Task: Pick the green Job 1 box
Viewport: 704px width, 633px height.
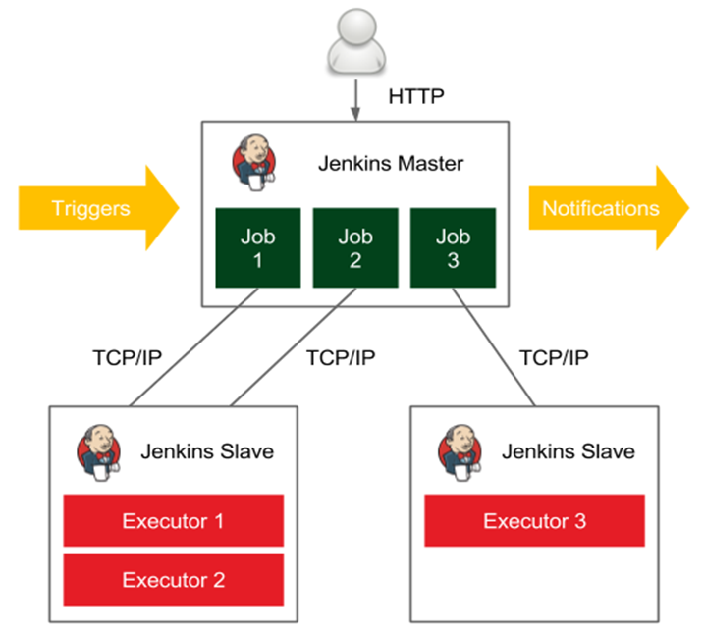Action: coord(257,247)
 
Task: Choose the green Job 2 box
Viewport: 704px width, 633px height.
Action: coord(355,247)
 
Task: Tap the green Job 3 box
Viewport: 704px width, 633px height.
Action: coord(453,247)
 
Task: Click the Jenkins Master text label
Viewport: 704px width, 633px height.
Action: coord(390,163)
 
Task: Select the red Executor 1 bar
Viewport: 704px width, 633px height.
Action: coord(173,520)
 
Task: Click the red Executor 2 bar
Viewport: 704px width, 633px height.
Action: coord(173,579)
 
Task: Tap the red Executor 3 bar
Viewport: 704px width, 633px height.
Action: coord(534,520)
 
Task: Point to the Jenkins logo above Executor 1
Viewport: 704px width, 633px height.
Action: coord(99,453)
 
